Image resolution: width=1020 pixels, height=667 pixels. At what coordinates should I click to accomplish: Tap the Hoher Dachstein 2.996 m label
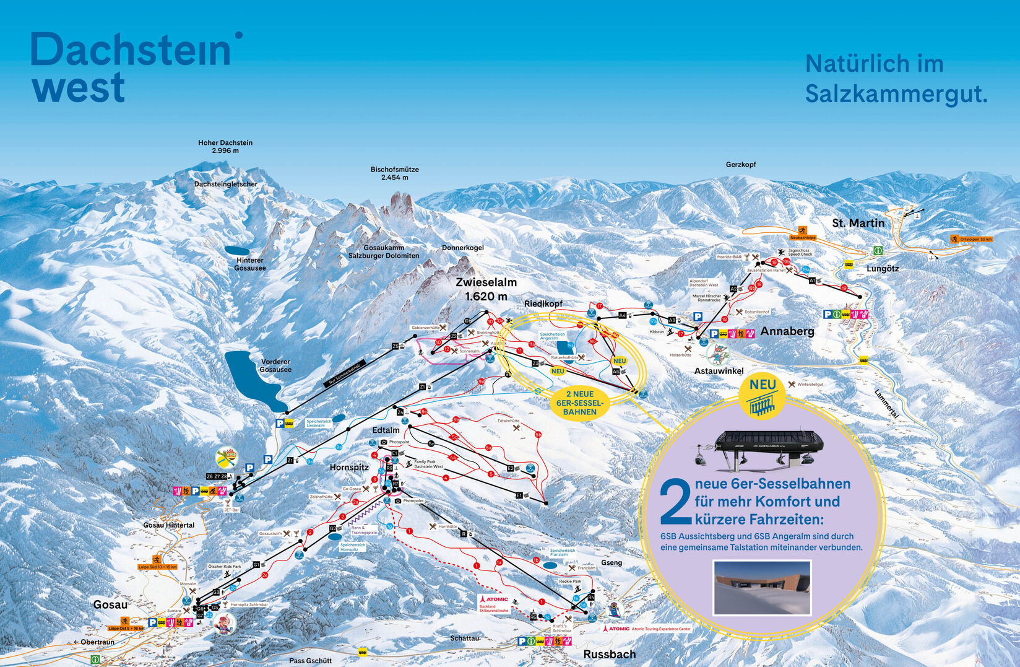click(225, 146)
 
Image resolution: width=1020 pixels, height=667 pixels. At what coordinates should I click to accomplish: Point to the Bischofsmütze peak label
click(394, 173)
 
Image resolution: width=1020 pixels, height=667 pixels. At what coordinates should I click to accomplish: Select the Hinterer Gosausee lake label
click(250, 264)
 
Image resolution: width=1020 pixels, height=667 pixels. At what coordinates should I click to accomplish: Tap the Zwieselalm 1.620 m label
click(486, 289)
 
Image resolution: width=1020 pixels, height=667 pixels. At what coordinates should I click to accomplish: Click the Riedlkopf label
click(543, 303)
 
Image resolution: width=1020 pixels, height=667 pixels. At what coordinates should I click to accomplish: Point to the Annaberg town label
click(787, 331)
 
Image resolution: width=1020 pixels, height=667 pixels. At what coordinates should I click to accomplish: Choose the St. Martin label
click(858, 223)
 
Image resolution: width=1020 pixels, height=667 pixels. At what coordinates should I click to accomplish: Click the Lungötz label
click(883, 269)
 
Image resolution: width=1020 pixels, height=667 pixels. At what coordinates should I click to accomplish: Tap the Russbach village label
click(609, 655)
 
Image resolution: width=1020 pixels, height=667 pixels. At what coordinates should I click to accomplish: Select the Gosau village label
click(110, 604)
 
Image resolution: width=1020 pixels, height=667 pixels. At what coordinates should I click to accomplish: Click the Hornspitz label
click(349, 468)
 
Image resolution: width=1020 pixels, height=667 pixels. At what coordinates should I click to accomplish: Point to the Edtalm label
click(386, 430)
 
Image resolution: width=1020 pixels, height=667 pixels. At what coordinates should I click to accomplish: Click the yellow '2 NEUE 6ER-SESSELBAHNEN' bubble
click(579, 403)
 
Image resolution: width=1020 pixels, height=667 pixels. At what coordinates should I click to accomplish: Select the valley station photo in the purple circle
click(762, 587)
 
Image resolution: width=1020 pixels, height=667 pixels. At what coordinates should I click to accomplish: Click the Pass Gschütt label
click(310, 661)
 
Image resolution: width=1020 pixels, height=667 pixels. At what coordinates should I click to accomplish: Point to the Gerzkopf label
click(740, 165)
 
